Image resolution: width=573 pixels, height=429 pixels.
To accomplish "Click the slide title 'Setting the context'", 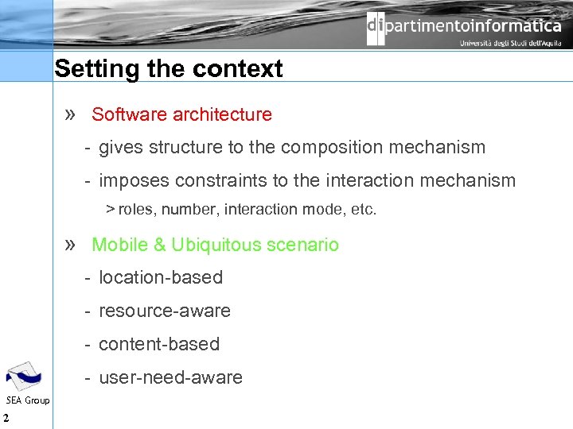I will [x=168, y=69].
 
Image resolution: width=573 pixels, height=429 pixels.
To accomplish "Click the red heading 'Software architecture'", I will [x=181, y=114].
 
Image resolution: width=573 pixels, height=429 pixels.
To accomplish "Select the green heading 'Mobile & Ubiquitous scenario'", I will [x=215, y=245].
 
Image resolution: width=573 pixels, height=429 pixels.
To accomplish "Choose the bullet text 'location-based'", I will [x=161, y=277].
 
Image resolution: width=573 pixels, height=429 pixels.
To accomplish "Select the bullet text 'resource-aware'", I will [x=165, y=311].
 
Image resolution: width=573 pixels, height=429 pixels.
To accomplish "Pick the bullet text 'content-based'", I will [x=159, y=344].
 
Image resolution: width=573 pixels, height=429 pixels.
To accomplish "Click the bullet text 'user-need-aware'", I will [x=170, y=377].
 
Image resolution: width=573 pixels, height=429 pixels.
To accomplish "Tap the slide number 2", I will [x=6, y=419].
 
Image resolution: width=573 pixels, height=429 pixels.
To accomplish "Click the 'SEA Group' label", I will [x=28, y=400].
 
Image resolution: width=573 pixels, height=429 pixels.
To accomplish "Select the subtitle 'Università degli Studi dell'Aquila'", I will [x=510, y=44].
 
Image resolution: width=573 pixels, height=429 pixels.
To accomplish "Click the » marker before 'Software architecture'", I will [x=71, y=114].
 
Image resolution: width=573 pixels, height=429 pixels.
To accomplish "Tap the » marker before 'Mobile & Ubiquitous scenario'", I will [x=71, y=245].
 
